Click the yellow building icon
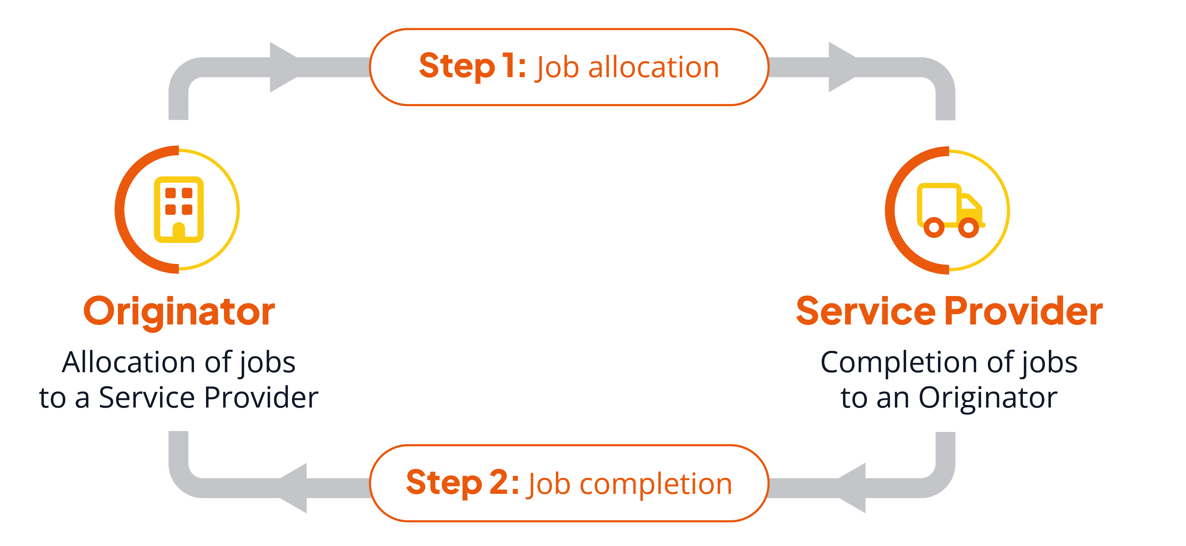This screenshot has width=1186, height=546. [179, 210]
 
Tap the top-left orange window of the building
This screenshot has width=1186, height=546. [170, 193]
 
